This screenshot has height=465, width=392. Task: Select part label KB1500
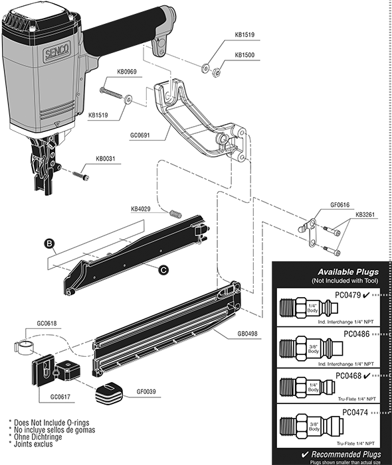(245, 55)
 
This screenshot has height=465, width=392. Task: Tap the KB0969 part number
(128, 72)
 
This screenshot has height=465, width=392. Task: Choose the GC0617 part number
(62, 397)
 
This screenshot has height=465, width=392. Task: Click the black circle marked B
(49, 243)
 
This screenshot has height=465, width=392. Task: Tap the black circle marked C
(163, 269)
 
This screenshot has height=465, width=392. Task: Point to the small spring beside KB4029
(176, 214)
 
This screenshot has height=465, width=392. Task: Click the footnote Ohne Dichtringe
(39, 436)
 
